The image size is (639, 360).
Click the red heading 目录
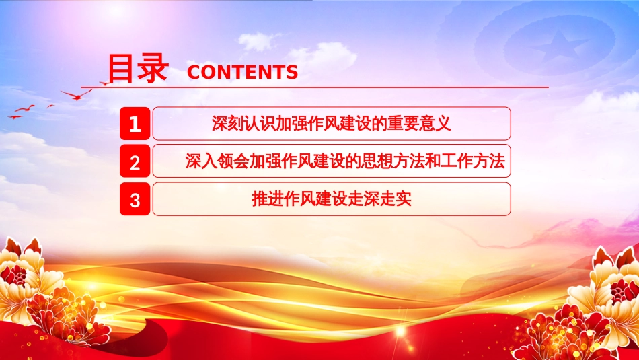[138, 69]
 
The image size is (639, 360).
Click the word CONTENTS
[242, 72]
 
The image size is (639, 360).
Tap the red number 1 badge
[135, 123]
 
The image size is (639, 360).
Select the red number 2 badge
[135, 161]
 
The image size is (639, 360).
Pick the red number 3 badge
[135, 199]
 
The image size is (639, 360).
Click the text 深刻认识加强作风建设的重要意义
[332, 123]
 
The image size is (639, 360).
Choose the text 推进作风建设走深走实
[332, 199]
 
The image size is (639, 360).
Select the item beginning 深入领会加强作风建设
[345, 161]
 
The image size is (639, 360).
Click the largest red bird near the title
[77, 95]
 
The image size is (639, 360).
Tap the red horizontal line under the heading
[315, 87]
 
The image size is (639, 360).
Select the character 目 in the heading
[120, 69]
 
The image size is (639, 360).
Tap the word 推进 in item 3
[267, 199]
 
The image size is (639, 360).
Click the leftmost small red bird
[15, 117]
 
